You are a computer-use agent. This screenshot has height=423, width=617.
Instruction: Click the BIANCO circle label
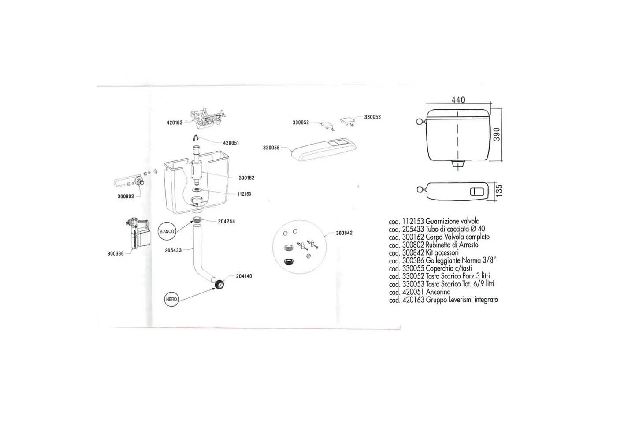click(x=167, y=232)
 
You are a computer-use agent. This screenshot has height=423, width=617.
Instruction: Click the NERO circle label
click(x=171, y=299)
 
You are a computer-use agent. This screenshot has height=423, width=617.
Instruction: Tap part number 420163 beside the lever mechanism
click(x=175, y=122)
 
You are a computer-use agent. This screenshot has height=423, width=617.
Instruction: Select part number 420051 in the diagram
click(x=231, y=143)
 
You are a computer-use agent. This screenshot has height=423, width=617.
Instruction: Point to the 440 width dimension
click(x=458, y=100)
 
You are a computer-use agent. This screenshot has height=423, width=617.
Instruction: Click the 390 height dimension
click(x=496, y=134)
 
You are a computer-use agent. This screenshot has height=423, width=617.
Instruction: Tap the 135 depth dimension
click(x=499, y=190)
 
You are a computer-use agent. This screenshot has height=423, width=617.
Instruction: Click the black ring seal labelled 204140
click(x=219, y=284)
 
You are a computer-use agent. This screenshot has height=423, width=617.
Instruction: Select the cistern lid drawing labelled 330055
click(x=324, y=149)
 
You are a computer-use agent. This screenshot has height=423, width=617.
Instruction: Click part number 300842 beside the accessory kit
click(x=344, y=233)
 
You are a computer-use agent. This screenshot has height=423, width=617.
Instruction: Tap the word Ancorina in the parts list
click(x=438, y=292)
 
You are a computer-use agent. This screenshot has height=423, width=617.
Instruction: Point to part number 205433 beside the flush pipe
click(x=173, y=250)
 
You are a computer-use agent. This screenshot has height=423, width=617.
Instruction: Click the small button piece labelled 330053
click(x=347, y=121)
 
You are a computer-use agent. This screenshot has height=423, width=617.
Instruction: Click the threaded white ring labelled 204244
click(x=197, y=220)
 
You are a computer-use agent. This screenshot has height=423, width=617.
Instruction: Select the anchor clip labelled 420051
click(x=196, y=137)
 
